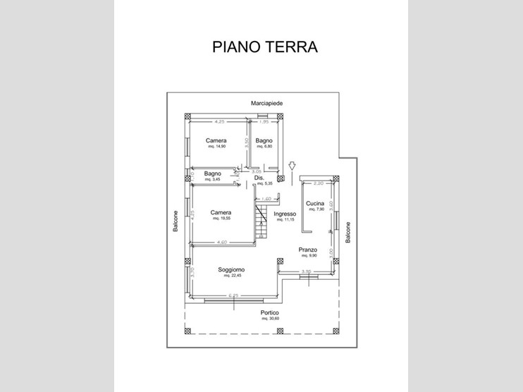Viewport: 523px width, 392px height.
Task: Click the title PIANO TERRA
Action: (x=265, y=47)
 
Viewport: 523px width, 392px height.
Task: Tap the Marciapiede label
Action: (x=267, y=103)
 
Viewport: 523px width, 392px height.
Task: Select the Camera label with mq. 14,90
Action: (x=216, y=141)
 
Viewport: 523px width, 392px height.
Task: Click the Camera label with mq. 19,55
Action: (x=221, y=212)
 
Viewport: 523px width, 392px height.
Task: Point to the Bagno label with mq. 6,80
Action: (x=264, y=141)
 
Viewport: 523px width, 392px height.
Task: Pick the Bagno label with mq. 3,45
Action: (x=213, y=173)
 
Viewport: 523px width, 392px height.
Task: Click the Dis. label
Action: (x=259, y=178)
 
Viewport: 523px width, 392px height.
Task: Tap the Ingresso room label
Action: (x=288, y=214)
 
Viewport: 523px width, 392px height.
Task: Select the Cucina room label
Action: (x=314, y=204)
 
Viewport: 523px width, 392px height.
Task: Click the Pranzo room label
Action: (x=307, y=250)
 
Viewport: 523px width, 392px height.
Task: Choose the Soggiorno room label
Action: (x=231, y=270)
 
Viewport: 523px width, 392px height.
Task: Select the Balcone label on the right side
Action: (x=348, y=232)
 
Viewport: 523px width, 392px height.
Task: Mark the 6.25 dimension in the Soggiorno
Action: (x=235, y=295)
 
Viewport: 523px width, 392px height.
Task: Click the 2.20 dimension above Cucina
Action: (x=318, y=183)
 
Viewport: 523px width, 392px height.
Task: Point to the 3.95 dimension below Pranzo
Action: (x=306, y=271)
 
